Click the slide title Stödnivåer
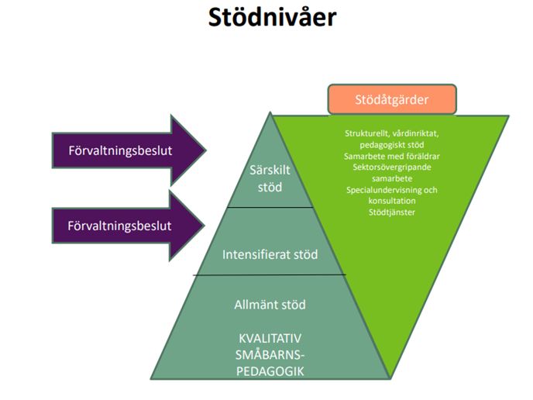coord(272,19)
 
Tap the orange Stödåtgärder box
coord(391,99)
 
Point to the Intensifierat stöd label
coord(270,253)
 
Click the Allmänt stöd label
coord(270,305)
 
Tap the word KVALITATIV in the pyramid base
coord(270,339)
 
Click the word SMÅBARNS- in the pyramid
coord(270,354)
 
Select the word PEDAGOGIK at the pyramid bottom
coord(270,370)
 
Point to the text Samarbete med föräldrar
coord(391,155)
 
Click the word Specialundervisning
coord(384,189)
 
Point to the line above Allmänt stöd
coord(270,274)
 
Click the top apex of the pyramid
coord(270,114)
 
